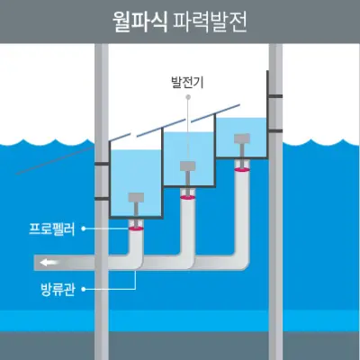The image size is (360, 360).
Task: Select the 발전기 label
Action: click(187, 82)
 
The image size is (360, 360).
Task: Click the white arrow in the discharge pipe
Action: click(46, 263)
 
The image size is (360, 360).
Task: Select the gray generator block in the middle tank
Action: click(188, 166)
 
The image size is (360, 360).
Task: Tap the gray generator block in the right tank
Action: click(240, 139)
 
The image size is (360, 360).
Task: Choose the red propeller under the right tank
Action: click(240, 167)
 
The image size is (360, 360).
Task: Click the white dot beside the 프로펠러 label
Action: click(84, 229)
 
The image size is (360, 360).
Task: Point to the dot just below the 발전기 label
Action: click(187, 96)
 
